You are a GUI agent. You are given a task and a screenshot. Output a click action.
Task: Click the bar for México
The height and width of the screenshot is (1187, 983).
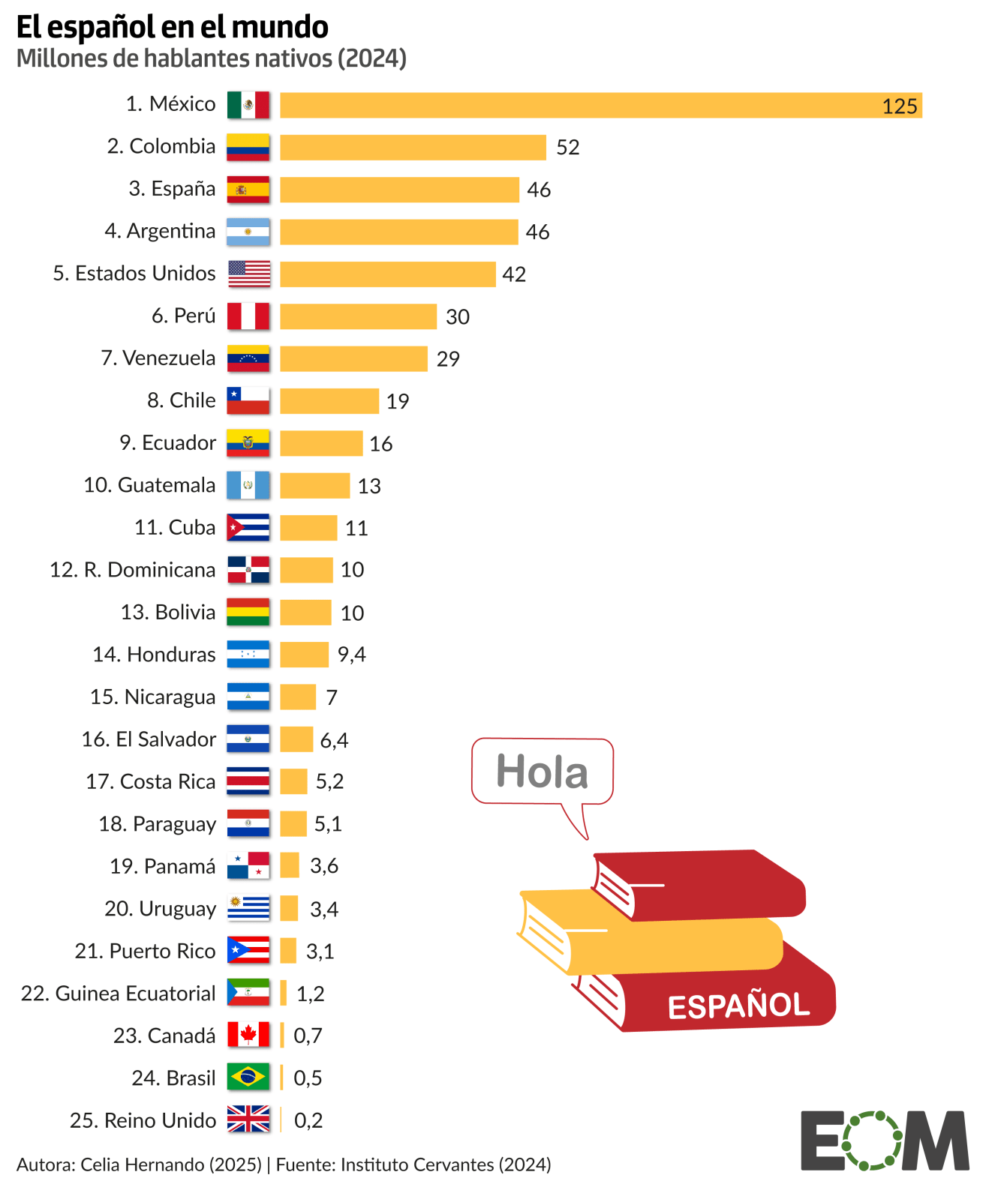[x=600, y=105]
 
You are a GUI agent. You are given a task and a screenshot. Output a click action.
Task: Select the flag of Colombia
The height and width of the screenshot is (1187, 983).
[x=248, y=147]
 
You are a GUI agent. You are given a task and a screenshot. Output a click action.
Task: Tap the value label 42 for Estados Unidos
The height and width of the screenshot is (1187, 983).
[x=514, y=274]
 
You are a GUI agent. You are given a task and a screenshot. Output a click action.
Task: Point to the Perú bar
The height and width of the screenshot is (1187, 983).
[x=358, y=316]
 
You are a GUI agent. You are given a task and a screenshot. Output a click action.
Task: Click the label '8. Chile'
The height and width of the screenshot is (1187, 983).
[x=181, y=400]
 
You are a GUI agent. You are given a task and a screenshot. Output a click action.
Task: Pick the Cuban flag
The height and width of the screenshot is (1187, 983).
[x=248, y=528]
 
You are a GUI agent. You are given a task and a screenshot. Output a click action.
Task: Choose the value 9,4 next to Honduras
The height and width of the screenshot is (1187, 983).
[x=351, y=655]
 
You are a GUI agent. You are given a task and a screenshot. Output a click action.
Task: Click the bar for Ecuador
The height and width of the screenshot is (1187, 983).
[x=321, y=443]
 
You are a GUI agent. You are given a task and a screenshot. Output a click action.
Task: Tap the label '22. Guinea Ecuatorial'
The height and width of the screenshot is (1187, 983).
[x=118, y=994]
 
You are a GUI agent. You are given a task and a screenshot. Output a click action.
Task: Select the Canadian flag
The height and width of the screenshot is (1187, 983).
[x=248, y=1036]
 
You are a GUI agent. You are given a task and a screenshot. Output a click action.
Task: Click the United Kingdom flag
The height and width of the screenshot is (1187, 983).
[x=248, y=1120]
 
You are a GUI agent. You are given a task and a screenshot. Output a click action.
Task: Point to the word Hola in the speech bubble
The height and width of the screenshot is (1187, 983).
[x=542, y=772]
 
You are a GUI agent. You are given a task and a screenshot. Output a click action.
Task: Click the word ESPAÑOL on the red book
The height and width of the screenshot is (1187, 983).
[x=738, y=1006]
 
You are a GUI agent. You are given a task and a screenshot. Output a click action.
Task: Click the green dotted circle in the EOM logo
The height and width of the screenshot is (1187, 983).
[x=870, y=1140]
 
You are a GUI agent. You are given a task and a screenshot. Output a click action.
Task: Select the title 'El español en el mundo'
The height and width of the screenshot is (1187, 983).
[x=172, y=27]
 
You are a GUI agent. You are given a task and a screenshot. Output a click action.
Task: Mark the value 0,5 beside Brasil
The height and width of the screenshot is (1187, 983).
[x=308, y=1078]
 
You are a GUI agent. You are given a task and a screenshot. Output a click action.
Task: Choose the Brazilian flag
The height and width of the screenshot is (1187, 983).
[x=248, y=1078]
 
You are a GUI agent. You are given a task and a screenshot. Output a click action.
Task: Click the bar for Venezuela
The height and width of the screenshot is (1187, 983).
[x=353, y=359]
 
